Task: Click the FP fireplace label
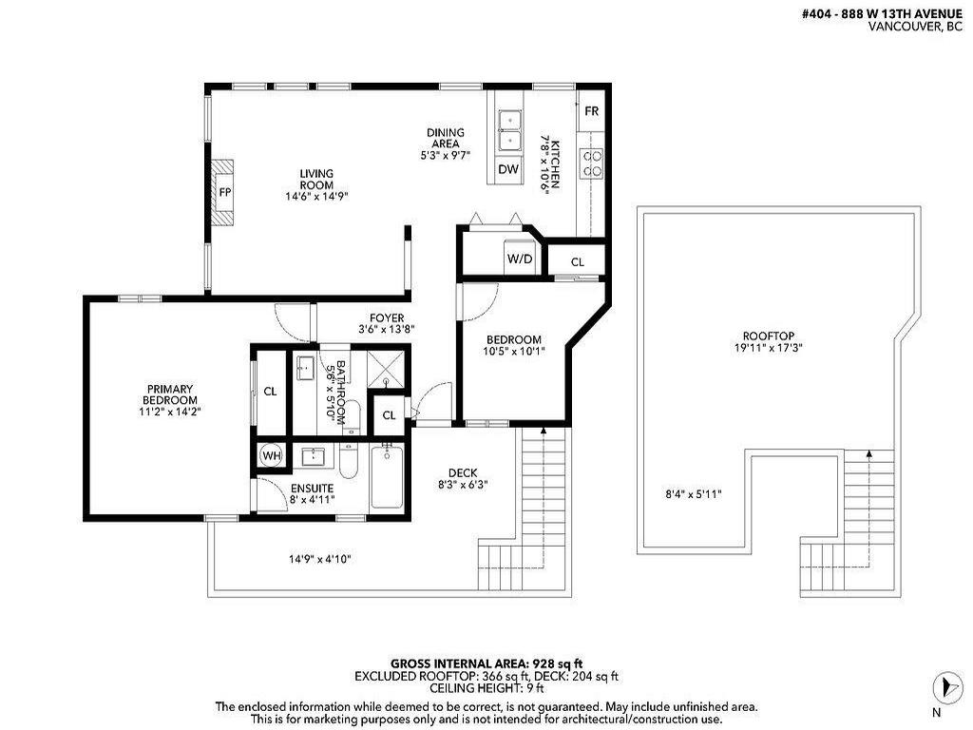click(x=225, y=192)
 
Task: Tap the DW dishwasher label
click(x=508, y=169)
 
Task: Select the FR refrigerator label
click(x=591, y=111)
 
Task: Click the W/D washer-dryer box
click(x=519, y=259)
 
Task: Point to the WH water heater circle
click(x=271, y=456)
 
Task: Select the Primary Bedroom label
click(x=170, y=400)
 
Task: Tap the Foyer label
click(x=387, y=323)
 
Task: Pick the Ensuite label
click(x=311, y=494)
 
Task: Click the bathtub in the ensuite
click(x=387, y=478)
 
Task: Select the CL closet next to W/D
click(x=578, y=262)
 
